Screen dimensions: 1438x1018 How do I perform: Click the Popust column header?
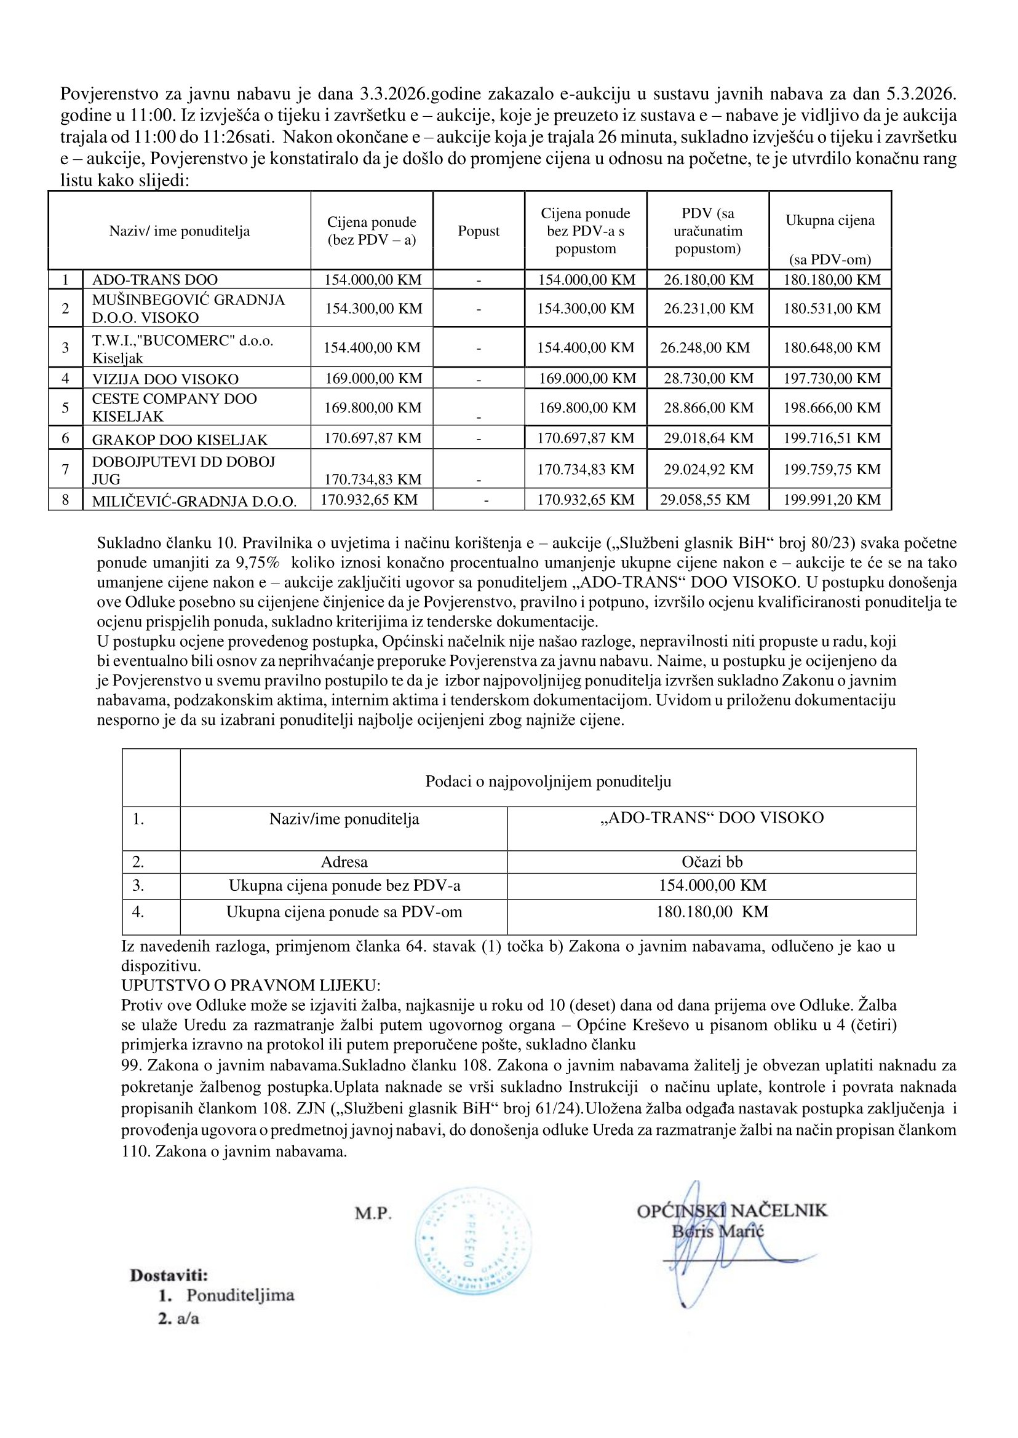click(x=479, y=231)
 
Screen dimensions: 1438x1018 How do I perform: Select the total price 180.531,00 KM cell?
click(x=831, y=308)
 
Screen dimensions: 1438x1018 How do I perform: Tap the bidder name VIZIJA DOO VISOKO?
click(x=165, y=379)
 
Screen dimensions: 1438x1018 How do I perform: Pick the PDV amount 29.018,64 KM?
click(x=709, y=438)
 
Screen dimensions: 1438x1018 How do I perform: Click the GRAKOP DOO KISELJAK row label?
click(x=179, y=440)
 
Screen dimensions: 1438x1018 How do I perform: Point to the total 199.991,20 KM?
click(x=831, y=500)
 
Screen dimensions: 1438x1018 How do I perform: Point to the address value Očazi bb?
click(x=712, y=862)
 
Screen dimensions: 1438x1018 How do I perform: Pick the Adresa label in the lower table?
click(x=344, y=862)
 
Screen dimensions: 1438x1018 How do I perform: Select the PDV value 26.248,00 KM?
click(x=704, y=348)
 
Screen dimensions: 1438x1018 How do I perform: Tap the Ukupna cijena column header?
click(x=830, y=221)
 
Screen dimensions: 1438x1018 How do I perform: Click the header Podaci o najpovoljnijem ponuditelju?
click(x=548, y=781)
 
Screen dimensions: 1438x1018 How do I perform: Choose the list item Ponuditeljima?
click(x=240, y=1295)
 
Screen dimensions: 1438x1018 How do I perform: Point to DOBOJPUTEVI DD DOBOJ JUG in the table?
click(x=183, y=470)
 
